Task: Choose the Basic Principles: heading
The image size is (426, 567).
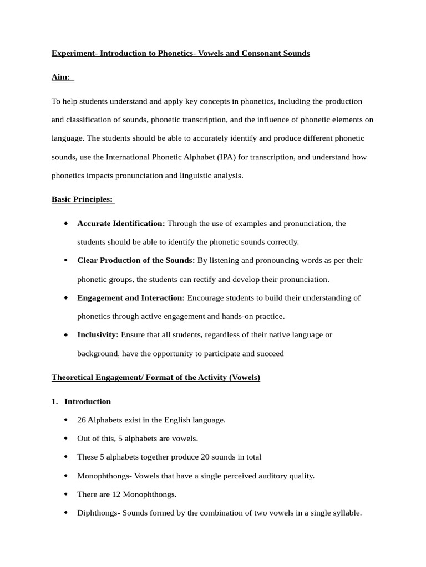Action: pyautogui.click(x=82, y=199)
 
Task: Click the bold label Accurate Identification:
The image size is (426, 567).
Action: pyautogui.click(x=121, y=223)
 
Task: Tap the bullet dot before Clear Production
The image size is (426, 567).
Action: pyautogui.click(x=66, y=260)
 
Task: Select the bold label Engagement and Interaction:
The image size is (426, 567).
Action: pyautogui.click(x=131, y=297)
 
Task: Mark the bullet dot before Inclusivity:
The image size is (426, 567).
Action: pyautogui.click(x=66, y=335)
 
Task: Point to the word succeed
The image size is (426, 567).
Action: pyautogui.click(x=270, y=353)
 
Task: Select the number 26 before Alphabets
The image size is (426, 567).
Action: pyautogui.click(x=82, y=420)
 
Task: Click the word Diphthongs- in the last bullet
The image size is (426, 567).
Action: pyautogui.click(x=98, y=513)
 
